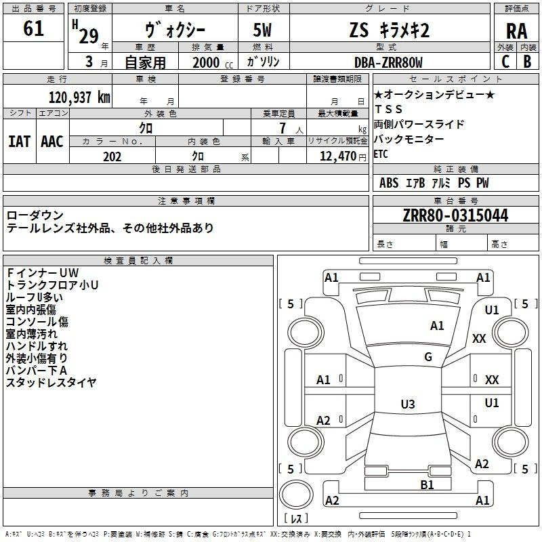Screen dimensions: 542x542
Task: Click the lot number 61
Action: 33,28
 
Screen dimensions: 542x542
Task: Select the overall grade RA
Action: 516,31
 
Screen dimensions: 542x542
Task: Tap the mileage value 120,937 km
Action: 79,98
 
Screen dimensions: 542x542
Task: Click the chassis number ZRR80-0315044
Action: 455,215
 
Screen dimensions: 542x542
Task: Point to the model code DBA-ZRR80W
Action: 388,62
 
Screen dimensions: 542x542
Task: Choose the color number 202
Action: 112,157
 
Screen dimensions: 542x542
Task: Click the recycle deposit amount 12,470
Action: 338,157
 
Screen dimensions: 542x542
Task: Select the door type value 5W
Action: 262,30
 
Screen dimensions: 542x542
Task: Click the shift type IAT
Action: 19,142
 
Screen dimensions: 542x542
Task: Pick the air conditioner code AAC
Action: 52,142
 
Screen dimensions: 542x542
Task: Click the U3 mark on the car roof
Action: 408,404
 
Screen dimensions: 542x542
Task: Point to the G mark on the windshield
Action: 428,357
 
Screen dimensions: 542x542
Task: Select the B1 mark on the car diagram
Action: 427,485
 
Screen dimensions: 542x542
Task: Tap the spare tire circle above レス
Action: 296,495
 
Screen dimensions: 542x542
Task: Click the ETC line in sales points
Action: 381,154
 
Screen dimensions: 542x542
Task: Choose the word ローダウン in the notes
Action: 35,215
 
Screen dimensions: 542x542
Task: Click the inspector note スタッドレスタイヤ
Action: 51,383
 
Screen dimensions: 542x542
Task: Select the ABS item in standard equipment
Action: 389,183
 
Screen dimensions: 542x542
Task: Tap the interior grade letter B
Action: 528,62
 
